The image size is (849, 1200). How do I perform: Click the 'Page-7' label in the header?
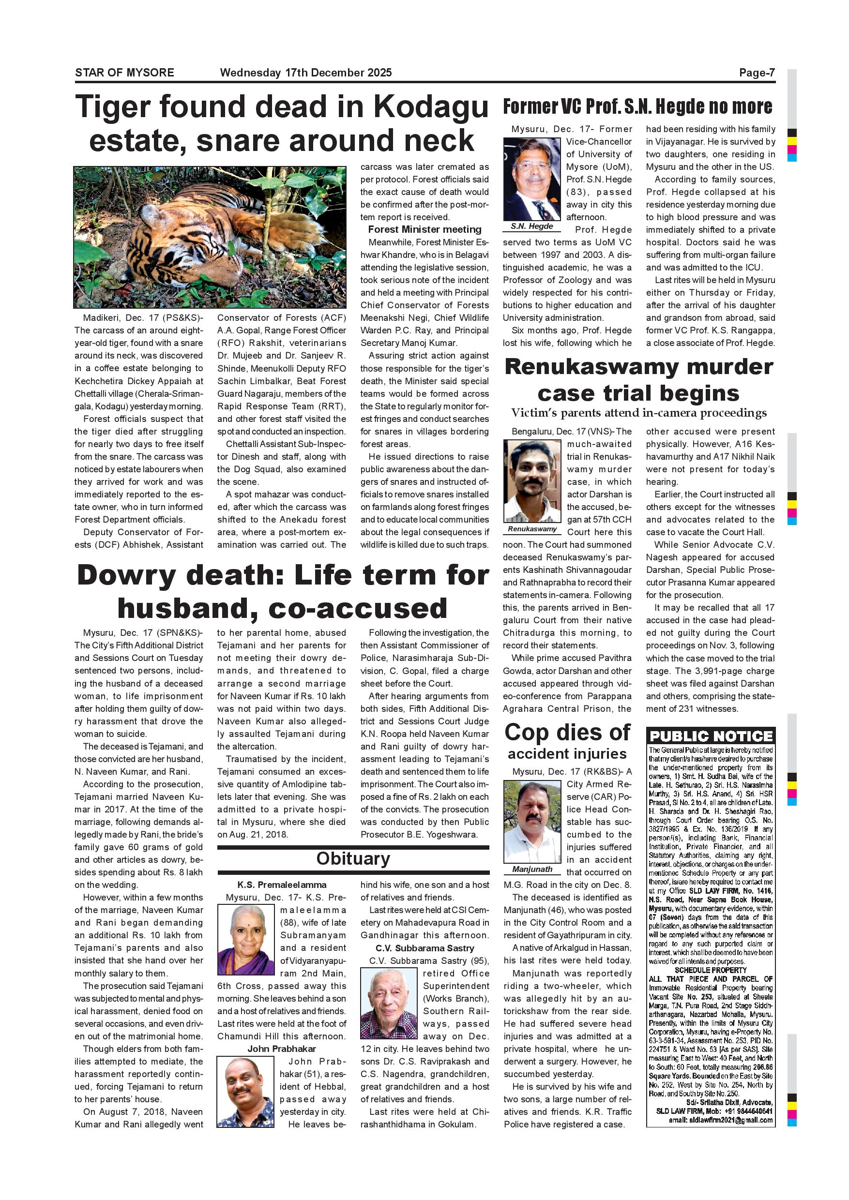click(757, 73)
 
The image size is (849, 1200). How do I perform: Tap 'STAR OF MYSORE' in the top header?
click(124, 73)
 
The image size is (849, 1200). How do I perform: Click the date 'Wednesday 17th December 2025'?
click(306, 73)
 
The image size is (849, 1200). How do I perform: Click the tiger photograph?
click(210, 237)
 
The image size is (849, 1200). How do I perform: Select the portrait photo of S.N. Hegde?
click(531, 179)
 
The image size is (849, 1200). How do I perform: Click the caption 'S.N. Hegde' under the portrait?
click(531, 226)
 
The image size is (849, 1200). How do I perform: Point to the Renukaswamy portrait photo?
click(531, 480)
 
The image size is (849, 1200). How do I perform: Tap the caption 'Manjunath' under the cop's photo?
click(532, 869)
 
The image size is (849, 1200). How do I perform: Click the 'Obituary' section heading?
click(353, 859)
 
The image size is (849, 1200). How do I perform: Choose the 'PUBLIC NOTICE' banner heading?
click(711, 736)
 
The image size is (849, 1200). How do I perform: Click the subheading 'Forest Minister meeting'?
click(424, 229)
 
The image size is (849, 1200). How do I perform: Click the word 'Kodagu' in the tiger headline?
click(437, 107)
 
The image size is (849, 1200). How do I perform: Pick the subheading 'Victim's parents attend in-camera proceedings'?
click(639, 413)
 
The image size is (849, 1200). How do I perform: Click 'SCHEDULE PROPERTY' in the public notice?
click(711, 970)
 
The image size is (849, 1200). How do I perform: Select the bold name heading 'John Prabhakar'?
click(282, 1049)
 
